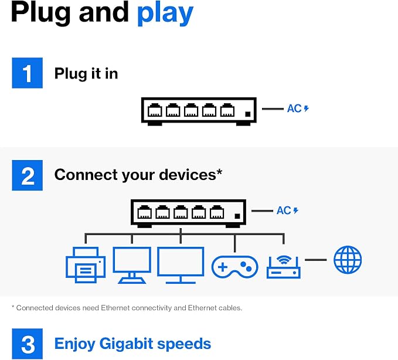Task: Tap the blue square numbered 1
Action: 28,73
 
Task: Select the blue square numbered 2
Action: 28,175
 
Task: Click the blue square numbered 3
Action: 28,344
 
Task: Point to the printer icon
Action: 86,265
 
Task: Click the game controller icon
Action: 235,267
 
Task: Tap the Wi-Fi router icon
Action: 284,267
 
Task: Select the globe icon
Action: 348,260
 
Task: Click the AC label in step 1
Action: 294,108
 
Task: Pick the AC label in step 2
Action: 284,210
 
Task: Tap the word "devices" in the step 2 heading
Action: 188,175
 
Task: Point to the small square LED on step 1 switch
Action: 248,114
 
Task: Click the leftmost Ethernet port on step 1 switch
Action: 155,110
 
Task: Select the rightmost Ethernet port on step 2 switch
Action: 217,212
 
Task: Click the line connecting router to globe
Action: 315,260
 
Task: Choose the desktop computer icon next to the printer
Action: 132,265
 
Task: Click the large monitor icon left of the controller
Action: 181,265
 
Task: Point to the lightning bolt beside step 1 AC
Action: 307,108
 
